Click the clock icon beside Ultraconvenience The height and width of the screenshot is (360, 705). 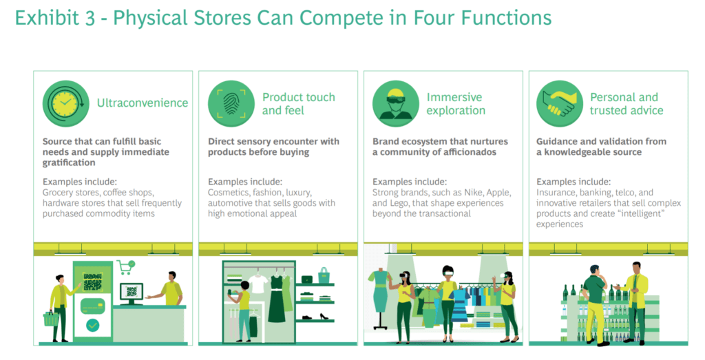pos(65,103)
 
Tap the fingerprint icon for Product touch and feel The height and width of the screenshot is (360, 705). pos(231,103)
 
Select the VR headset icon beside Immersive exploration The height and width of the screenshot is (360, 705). pos(396,103)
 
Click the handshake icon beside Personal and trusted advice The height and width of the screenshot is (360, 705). pos(560,103)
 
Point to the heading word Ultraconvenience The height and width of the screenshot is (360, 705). pos(143,103)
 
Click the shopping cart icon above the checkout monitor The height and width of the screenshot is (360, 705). pos(126,267)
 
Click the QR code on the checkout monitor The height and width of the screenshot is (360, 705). pos(131,292)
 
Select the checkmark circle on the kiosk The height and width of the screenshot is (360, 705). pos(93,325)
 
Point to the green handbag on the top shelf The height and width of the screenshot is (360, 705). pos(324,275)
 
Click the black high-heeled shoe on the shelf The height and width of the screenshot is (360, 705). pos(324,316)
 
